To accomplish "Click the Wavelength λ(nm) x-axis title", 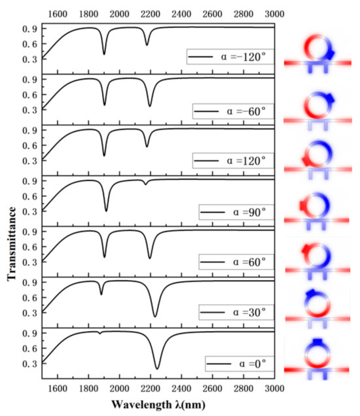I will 159,404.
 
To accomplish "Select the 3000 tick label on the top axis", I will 274,12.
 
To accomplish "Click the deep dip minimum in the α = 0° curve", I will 156,368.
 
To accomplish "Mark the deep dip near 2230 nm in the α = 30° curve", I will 154,317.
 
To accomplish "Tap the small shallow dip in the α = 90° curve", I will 145,184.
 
